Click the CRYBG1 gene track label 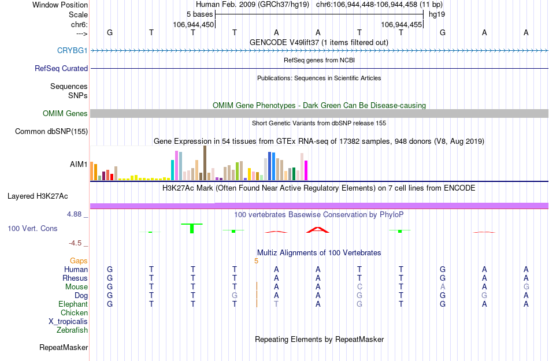point(72,51)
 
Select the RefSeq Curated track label point(61,68)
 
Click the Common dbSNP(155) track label point(51,132)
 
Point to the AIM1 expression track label point(79,165)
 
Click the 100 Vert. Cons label point(32,229)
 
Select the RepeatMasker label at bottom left point(64,348)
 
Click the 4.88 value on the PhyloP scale point(75,214)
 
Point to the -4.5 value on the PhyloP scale point(77,243)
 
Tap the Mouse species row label point(76,287)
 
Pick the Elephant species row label point(73,304)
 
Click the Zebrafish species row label point(72,330)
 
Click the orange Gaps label point(79,261)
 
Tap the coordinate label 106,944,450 point(193,25)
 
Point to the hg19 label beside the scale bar point(436,14)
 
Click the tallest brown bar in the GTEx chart point(205,163)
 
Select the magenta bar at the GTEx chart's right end point(306,170)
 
